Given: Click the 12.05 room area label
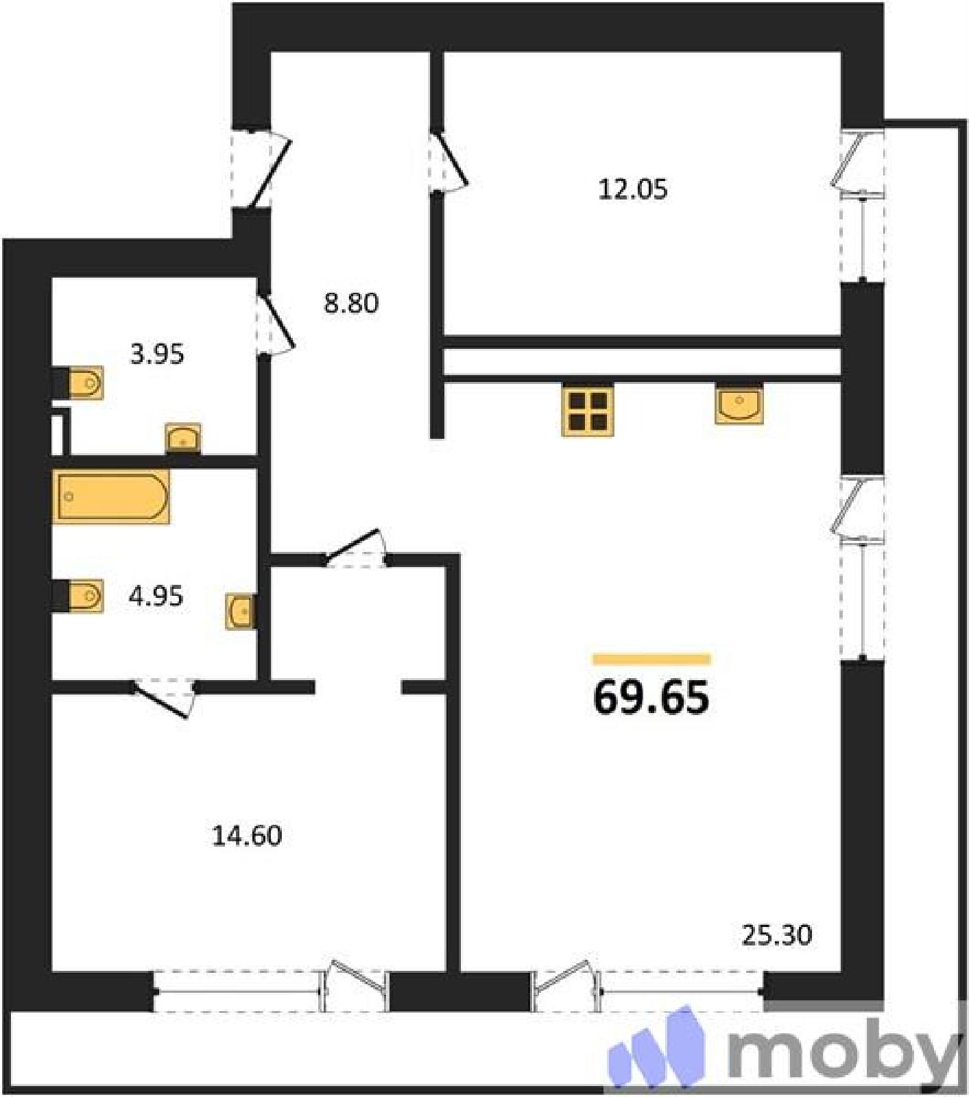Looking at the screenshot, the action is tap(632, 189).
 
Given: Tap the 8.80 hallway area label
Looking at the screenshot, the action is tap(351, 303).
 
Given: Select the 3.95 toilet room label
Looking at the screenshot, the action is tap(157, 354).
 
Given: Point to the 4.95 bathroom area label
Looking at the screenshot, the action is tap(156, 596).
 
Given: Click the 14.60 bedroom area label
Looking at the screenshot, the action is tap(247, 836).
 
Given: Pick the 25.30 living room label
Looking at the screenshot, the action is tap(777, 935).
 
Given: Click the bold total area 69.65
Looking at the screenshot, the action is tap(651, 698).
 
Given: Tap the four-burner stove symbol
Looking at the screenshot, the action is tap(588, 409).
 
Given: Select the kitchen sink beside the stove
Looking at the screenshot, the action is tap(739, 404).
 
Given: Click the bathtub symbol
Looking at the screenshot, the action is tap(111, 496).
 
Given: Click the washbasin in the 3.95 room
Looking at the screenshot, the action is tap(183, 438).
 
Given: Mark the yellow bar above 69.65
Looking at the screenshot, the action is tap(651, 660).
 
